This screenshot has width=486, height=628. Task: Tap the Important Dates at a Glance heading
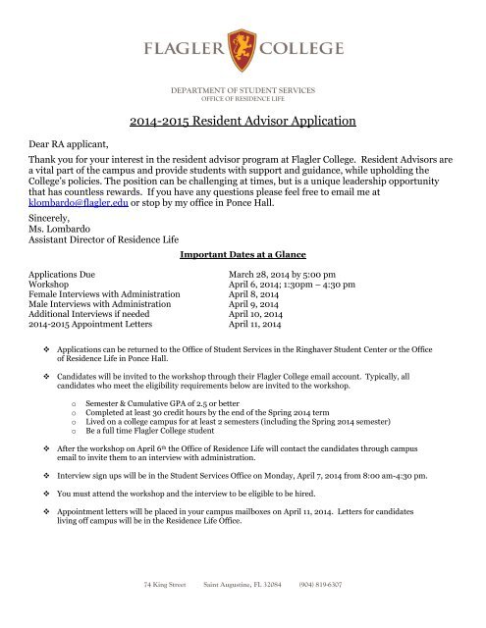coord(243,253)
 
